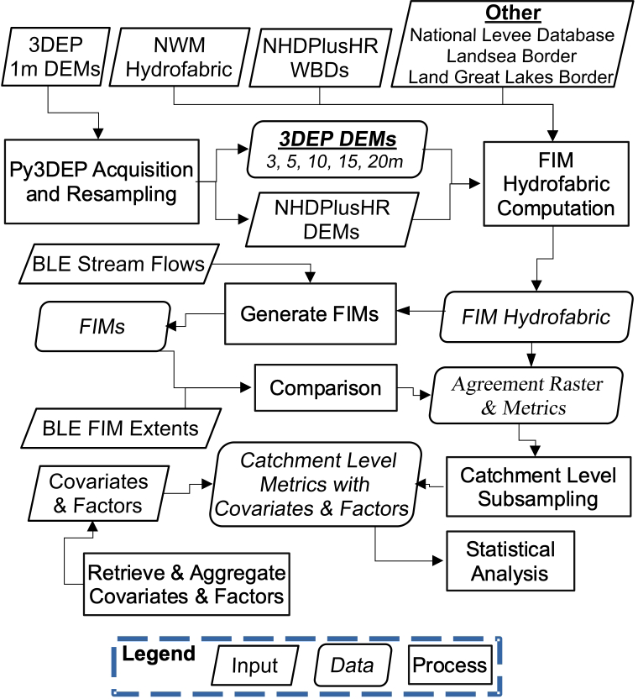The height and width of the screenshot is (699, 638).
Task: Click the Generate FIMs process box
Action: (x=308, y=313)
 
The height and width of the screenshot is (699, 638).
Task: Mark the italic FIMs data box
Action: (x=102, y=327)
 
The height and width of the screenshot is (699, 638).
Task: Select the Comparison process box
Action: (x=326, y=389)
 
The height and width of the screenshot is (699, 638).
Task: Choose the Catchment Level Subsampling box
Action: (x=537, y=486)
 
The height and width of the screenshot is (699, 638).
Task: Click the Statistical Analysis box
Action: (x=510, y=561)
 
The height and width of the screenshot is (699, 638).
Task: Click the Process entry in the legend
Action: (x=450, y=665)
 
